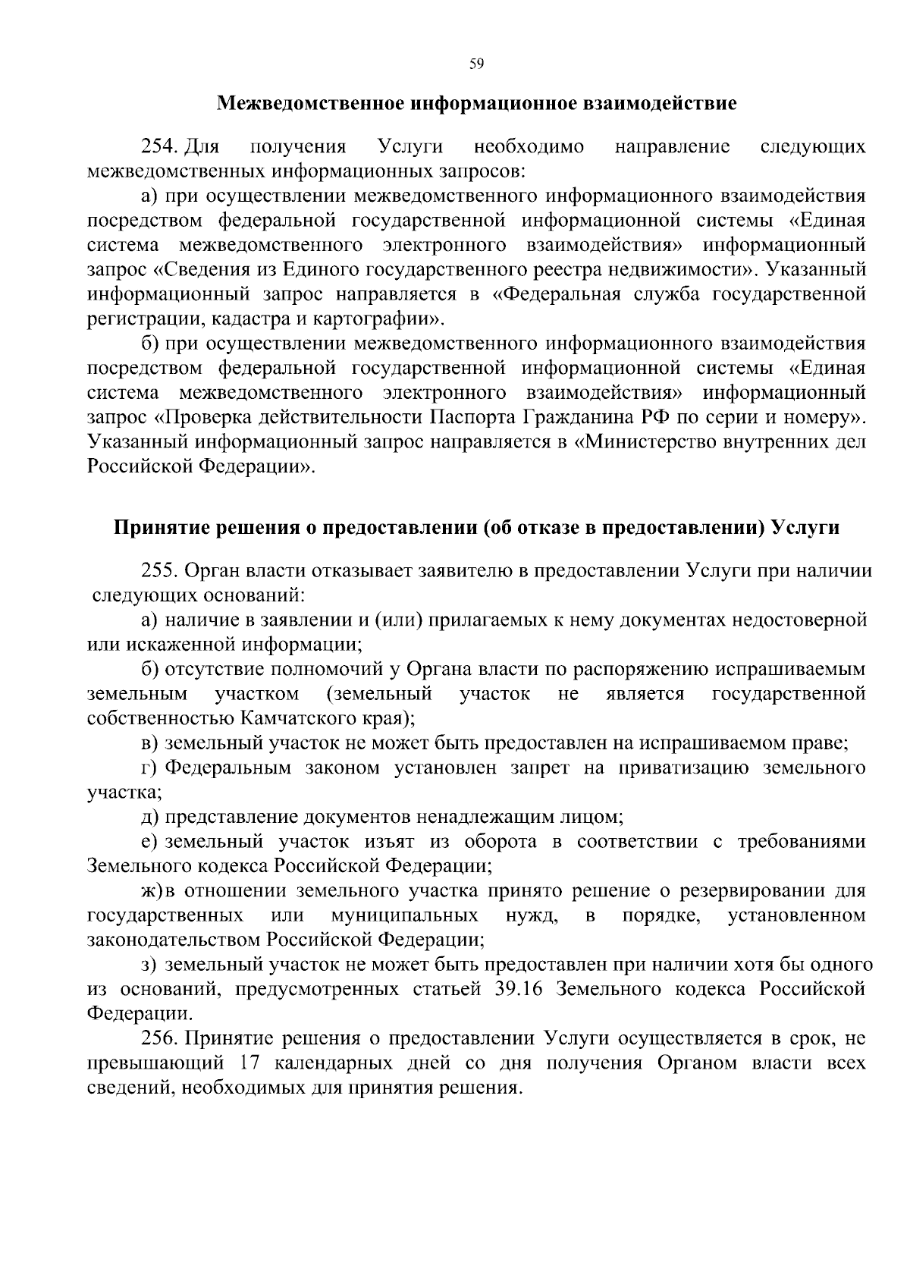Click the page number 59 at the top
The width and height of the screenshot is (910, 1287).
coord(476,64)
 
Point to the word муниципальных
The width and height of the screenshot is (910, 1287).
coord(404,915)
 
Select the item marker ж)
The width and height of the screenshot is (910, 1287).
coord(152,890)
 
